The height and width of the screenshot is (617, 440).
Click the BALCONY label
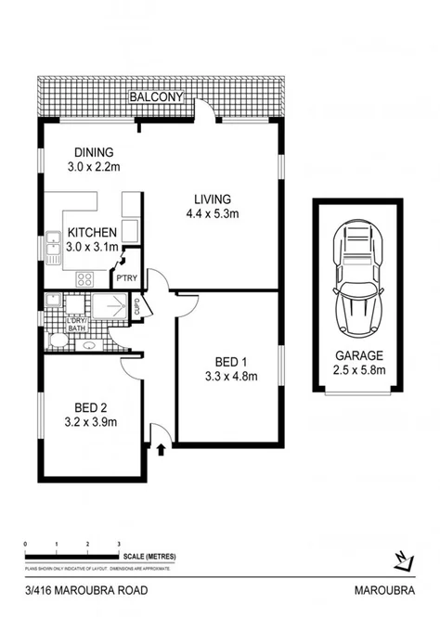[x=159, y=97]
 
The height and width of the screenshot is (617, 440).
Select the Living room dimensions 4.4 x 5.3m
[x=212, y=215]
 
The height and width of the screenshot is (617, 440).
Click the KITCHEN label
[x=90, y=232]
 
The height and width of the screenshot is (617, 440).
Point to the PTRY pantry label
[x=124, y=276]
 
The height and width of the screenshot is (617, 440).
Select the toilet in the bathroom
[x=56, y=341]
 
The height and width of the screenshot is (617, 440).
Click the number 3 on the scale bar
[x=118, y=544]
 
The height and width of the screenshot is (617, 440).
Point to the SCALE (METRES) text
[x=149, y=556]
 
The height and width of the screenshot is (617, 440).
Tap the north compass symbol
[x=403, y=560]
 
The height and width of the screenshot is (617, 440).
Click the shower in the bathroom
[x=112, y=304]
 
